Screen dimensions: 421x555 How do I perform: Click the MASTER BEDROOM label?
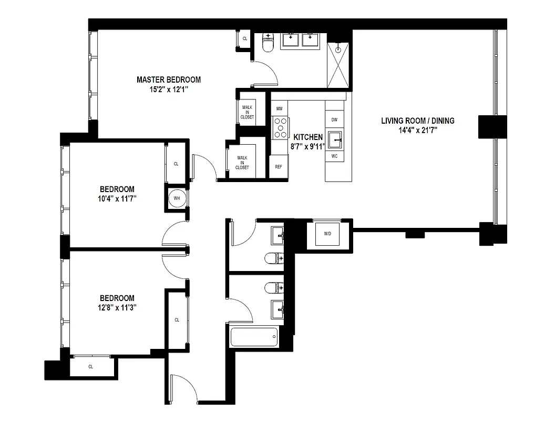click(169, 80)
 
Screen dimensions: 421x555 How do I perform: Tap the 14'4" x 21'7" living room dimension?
click(417, 129)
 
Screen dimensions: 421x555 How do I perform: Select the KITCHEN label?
click(308, 137)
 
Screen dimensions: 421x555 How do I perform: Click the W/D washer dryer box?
click(327, 233)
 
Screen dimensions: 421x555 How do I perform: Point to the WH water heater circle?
click(177, 198)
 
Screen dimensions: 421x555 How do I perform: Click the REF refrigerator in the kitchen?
click(279, 166)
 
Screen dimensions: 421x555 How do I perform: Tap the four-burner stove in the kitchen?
click(280, 127)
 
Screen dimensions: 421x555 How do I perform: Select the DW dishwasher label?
click(334, 120)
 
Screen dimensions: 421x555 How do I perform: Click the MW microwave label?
click(279, 109)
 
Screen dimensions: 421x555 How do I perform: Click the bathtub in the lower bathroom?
click(254, 337)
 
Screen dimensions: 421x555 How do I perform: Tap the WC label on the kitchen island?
click(334, 156)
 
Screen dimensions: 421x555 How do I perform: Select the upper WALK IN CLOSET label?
click(247, 112)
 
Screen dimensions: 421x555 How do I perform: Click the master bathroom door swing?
click(266, 73)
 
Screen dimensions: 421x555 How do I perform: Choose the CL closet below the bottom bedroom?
click(90, 367)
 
